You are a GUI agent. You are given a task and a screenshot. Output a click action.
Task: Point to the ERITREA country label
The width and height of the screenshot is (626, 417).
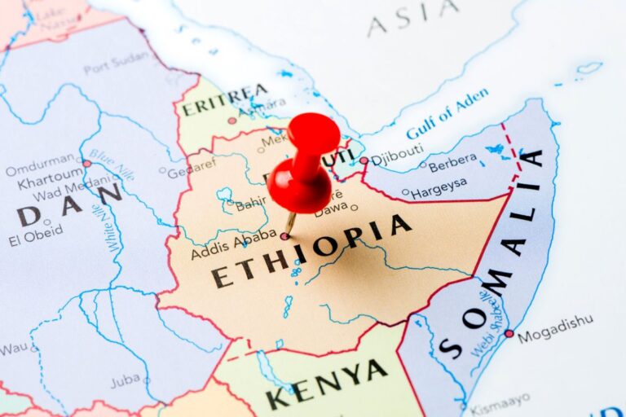click(x=224, y=100)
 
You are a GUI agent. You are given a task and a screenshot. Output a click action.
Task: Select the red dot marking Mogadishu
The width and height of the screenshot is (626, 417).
click(x=509, y=333)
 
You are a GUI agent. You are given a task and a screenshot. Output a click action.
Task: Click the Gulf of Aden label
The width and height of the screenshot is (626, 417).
click(x=447, y=113)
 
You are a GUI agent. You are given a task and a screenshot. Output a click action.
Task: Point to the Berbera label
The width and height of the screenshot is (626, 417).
click(x=452, y=163)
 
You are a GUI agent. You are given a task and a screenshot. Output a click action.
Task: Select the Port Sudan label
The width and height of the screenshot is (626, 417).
click(x=117, y=63)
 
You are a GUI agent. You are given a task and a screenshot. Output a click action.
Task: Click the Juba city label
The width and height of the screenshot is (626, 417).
click(x=125, y=380)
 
